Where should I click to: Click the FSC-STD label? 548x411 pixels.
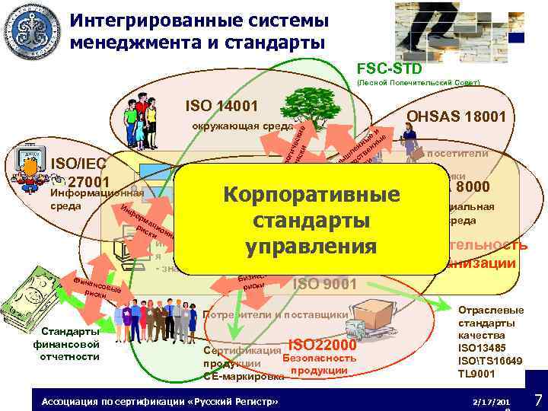click(384, 69)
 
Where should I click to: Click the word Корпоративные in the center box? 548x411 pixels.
click(311, 194)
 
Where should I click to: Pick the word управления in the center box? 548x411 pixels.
click(311, 247)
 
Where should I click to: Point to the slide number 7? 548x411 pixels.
click(537, 400)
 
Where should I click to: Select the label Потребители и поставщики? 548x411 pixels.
click(276, 314)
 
